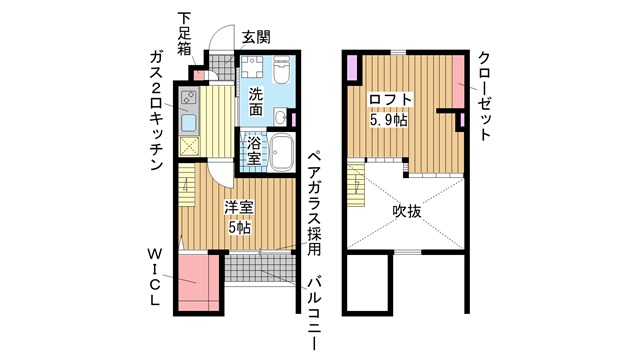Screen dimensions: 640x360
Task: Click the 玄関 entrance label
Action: click(256, 38)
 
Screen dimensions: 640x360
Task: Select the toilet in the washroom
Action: click(281, 69)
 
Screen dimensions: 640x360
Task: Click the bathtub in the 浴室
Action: click(282, 153)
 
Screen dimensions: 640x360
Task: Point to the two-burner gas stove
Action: click(189, 98)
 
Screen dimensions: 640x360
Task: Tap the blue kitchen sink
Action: click(189, 122)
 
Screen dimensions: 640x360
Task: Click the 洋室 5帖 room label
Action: click(239, 217)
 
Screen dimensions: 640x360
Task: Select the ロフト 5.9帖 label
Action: click(389, 109)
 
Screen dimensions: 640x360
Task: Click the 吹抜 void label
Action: click(407, 211)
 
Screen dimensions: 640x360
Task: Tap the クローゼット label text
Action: click(484, 96)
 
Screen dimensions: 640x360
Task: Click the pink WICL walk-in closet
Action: click(200, 283)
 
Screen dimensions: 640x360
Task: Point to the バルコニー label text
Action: click(314, 313)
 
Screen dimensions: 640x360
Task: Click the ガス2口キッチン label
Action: click(156, 111)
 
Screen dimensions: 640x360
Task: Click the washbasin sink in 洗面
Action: click(281, 118)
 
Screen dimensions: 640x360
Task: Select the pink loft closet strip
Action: click(458, 81)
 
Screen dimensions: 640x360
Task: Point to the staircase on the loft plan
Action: click(356, 185)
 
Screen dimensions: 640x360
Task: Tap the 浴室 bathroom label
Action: click(254, 151)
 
